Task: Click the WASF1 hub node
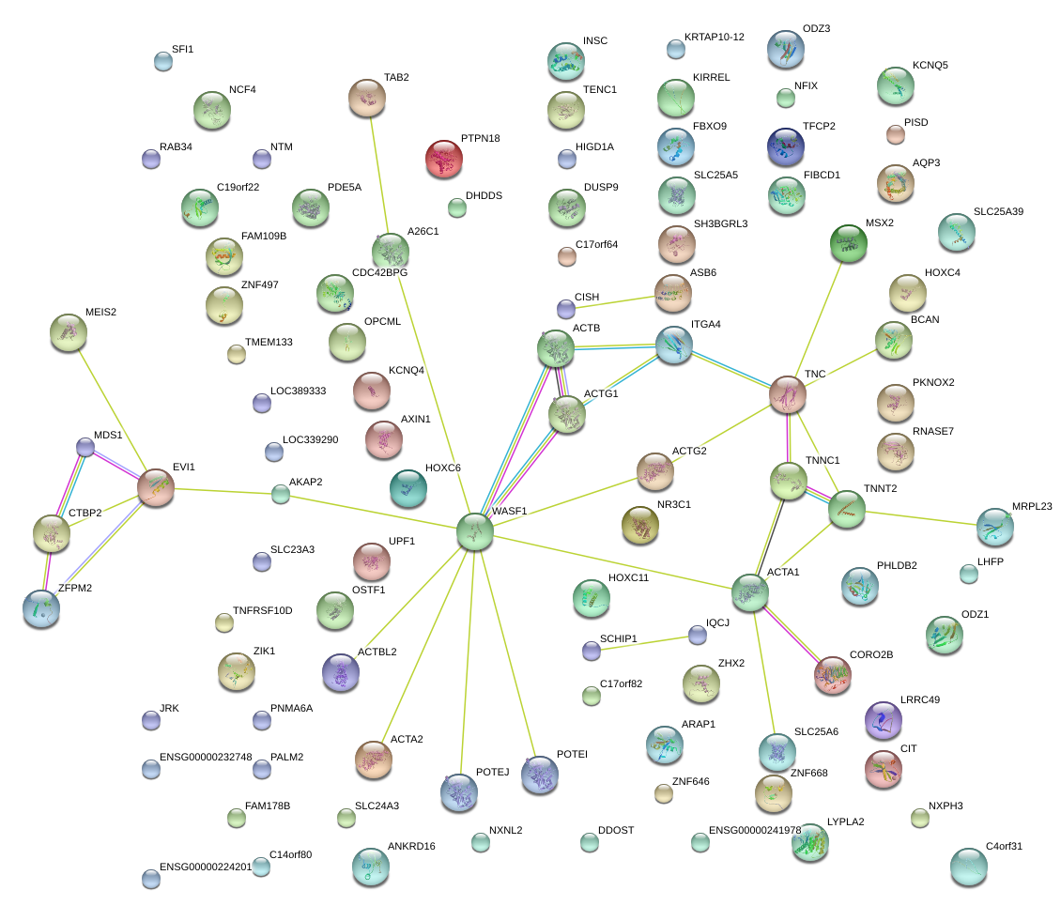475,531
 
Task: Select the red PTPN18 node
444,159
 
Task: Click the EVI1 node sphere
156,487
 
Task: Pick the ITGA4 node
673,345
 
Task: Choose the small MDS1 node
85,447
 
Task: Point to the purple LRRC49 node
882,720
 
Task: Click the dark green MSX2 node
849,244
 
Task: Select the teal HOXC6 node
407,487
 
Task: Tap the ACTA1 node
750,593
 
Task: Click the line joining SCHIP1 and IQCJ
644,642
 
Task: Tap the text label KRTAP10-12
714,38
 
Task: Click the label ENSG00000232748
206,757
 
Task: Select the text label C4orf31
1004,846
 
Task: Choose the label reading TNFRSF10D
262,611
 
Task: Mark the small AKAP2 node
281,494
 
